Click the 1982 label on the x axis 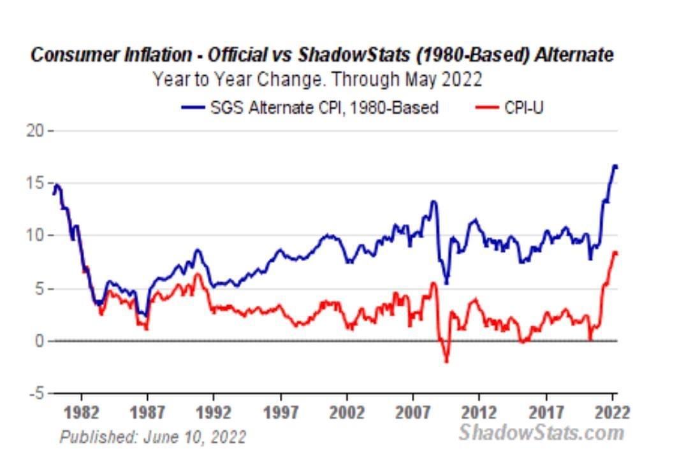tap(81, 412)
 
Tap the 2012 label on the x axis tap(479, 412)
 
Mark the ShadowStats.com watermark tap(541, 433)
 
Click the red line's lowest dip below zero tap(446, 361)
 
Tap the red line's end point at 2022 tap(616, 254)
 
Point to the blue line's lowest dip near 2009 tap(446, 283)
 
